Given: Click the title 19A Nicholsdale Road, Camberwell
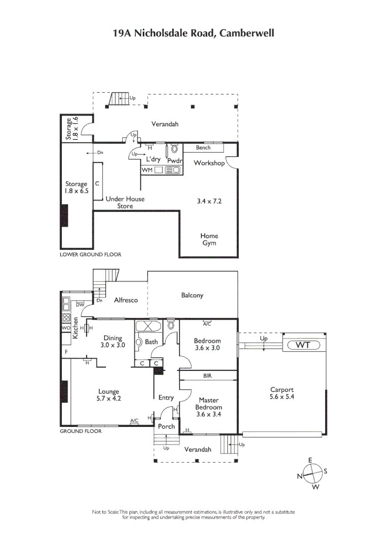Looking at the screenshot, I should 193,33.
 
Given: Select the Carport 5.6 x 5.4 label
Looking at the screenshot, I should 282,393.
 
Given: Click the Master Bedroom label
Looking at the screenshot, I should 208,407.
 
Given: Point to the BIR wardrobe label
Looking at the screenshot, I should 207,376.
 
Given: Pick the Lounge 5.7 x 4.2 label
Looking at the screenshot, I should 109,395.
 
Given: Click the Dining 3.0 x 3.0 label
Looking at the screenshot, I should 113,341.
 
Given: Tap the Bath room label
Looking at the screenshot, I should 151,342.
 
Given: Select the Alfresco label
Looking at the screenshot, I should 125,300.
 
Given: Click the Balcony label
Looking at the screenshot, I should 192,295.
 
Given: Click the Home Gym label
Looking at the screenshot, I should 209,239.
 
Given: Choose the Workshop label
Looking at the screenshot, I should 209,163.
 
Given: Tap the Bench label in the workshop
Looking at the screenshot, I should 203,148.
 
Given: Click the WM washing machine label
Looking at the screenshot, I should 147,169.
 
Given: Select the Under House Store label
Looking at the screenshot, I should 125,202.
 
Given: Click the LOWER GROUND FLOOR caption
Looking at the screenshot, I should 90,254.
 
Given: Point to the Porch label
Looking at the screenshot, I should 166,427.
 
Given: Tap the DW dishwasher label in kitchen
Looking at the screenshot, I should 80,304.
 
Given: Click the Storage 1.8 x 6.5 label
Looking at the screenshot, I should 76,187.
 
